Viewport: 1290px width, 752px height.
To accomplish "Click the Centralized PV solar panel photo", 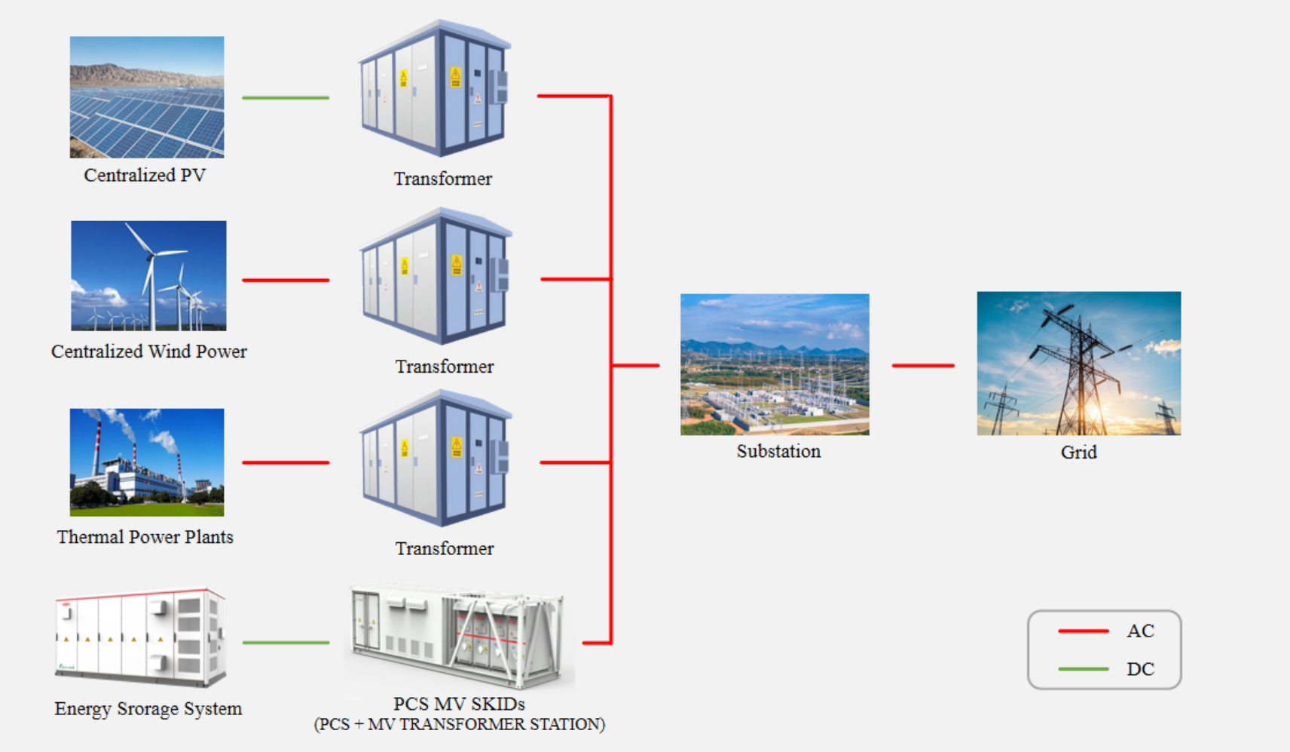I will [x=147, y=97].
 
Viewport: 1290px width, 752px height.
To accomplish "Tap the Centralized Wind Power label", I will [x=149, y=351].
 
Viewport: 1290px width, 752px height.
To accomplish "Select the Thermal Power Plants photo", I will [x=147, y=462].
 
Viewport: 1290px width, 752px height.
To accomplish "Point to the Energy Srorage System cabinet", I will [x=141, y=638].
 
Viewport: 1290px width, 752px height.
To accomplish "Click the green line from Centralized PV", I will [x=286, y=98].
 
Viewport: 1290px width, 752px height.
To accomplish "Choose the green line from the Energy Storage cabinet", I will [x=286, y=643].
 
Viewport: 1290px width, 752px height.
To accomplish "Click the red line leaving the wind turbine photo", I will [x=286, y=280].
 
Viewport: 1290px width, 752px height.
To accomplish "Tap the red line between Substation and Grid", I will [x=923, y=366].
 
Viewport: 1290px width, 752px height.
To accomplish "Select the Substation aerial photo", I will [x=775, y=364].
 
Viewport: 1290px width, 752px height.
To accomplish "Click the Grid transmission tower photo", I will [x=1078, y=364].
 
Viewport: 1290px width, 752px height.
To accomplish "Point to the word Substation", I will [x=778, y=451].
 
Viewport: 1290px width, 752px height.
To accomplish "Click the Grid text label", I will [x=1078, y=453].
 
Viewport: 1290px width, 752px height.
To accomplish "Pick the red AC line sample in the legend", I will [x=1083, y=631].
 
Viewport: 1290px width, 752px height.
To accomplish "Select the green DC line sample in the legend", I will [x=1083, y=669].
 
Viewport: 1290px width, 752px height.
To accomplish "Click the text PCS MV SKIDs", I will [x=459, y=704].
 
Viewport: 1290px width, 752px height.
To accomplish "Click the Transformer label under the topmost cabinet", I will [x=443, y=179].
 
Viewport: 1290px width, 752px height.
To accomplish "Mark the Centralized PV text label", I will [x=145, y=175].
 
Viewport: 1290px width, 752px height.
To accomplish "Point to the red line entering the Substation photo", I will [x=636, y=366].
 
